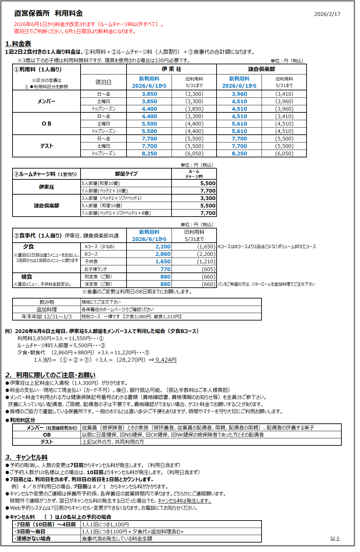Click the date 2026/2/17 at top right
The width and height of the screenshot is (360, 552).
coord(327,14)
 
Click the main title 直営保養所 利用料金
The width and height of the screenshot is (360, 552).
coord(48,14)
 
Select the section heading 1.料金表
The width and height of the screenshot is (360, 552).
coord(18,44)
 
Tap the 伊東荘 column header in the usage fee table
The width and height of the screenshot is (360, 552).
coord(171,69)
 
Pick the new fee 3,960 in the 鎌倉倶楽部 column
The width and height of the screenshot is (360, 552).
coord(239,94)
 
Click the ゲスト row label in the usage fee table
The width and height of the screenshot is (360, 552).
coord(46,146)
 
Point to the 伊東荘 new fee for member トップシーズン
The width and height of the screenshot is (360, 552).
coord(149,109)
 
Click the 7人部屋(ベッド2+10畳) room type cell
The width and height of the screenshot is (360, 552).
coord(105,191)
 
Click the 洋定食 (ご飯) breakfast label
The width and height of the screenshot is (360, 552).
coord(98,284)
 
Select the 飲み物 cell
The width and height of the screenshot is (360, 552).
coord(46,302)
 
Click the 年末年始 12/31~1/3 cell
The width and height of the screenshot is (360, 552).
coord(46,316)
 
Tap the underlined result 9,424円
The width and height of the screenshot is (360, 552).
coord(165,360)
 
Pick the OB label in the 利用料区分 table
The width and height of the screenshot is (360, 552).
coord(46,435)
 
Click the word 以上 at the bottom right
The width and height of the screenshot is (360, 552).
coord(335,538)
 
